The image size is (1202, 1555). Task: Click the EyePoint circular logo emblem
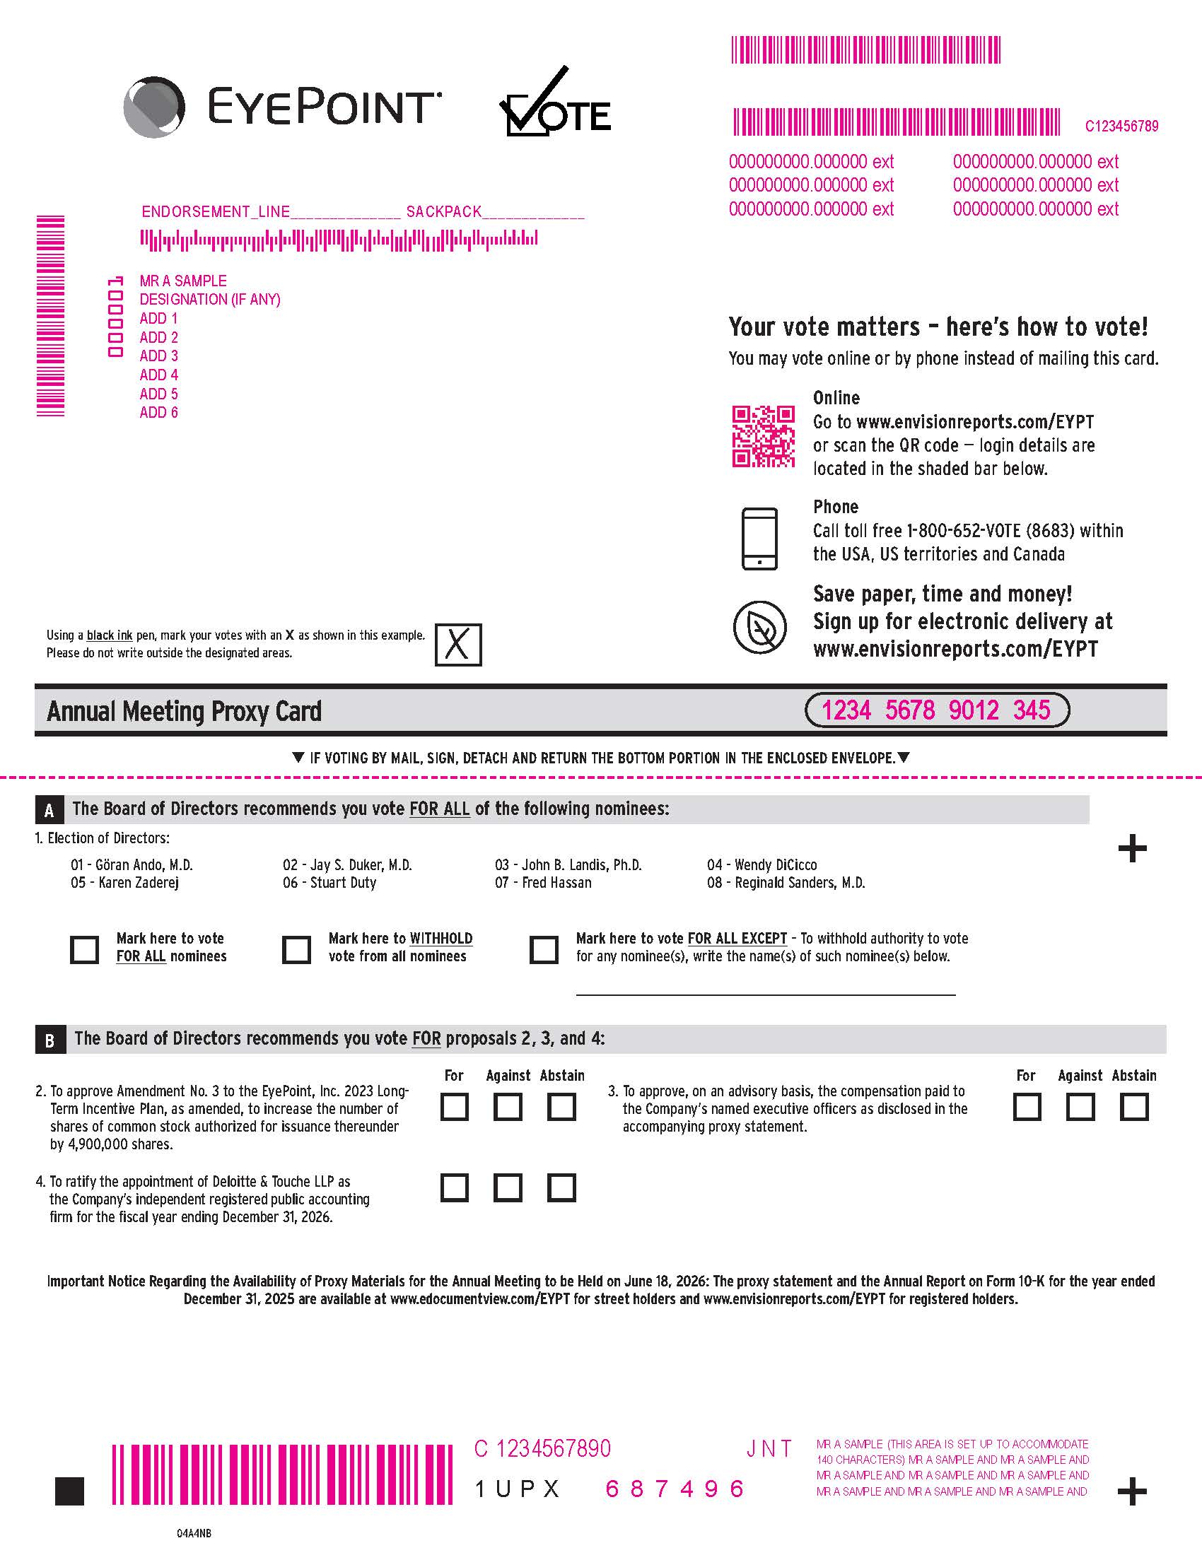(155, 107)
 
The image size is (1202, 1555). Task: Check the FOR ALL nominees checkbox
(84, 949)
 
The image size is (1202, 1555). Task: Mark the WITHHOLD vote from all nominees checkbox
(296, 949)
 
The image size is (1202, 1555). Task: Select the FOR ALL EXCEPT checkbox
(544, 949)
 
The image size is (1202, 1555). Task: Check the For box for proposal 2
(455, 1107)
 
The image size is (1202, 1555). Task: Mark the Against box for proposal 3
(1080, 1107)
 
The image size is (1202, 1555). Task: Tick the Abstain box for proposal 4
(561, 1187)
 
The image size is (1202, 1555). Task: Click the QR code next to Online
(764, 436)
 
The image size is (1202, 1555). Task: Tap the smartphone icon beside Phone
(760, 539)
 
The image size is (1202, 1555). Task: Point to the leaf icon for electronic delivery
(760, 627)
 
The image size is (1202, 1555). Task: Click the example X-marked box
(458, 645)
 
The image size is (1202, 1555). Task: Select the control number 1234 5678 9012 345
(936, 710)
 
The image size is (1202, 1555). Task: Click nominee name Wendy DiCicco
(776, 864)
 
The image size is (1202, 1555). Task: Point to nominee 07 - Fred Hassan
(543, 882)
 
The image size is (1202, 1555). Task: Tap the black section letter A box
(49, 809)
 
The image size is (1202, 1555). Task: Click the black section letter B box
(49, 1040)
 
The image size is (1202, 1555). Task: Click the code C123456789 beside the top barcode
(1121, 126)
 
